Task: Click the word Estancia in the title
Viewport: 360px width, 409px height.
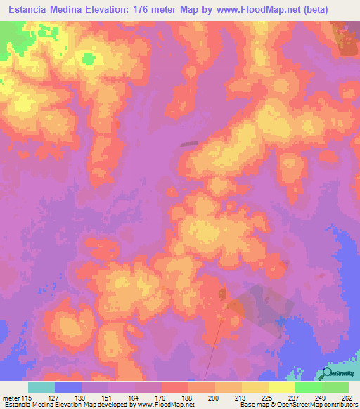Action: point(34,9)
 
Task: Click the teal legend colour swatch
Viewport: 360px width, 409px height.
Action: point(41,387)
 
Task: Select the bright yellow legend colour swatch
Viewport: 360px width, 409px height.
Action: point(281,387)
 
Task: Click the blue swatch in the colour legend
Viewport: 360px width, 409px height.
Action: point(68,387)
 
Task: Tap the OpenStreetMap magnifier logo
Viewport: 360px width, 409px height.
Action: point(326,373)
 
